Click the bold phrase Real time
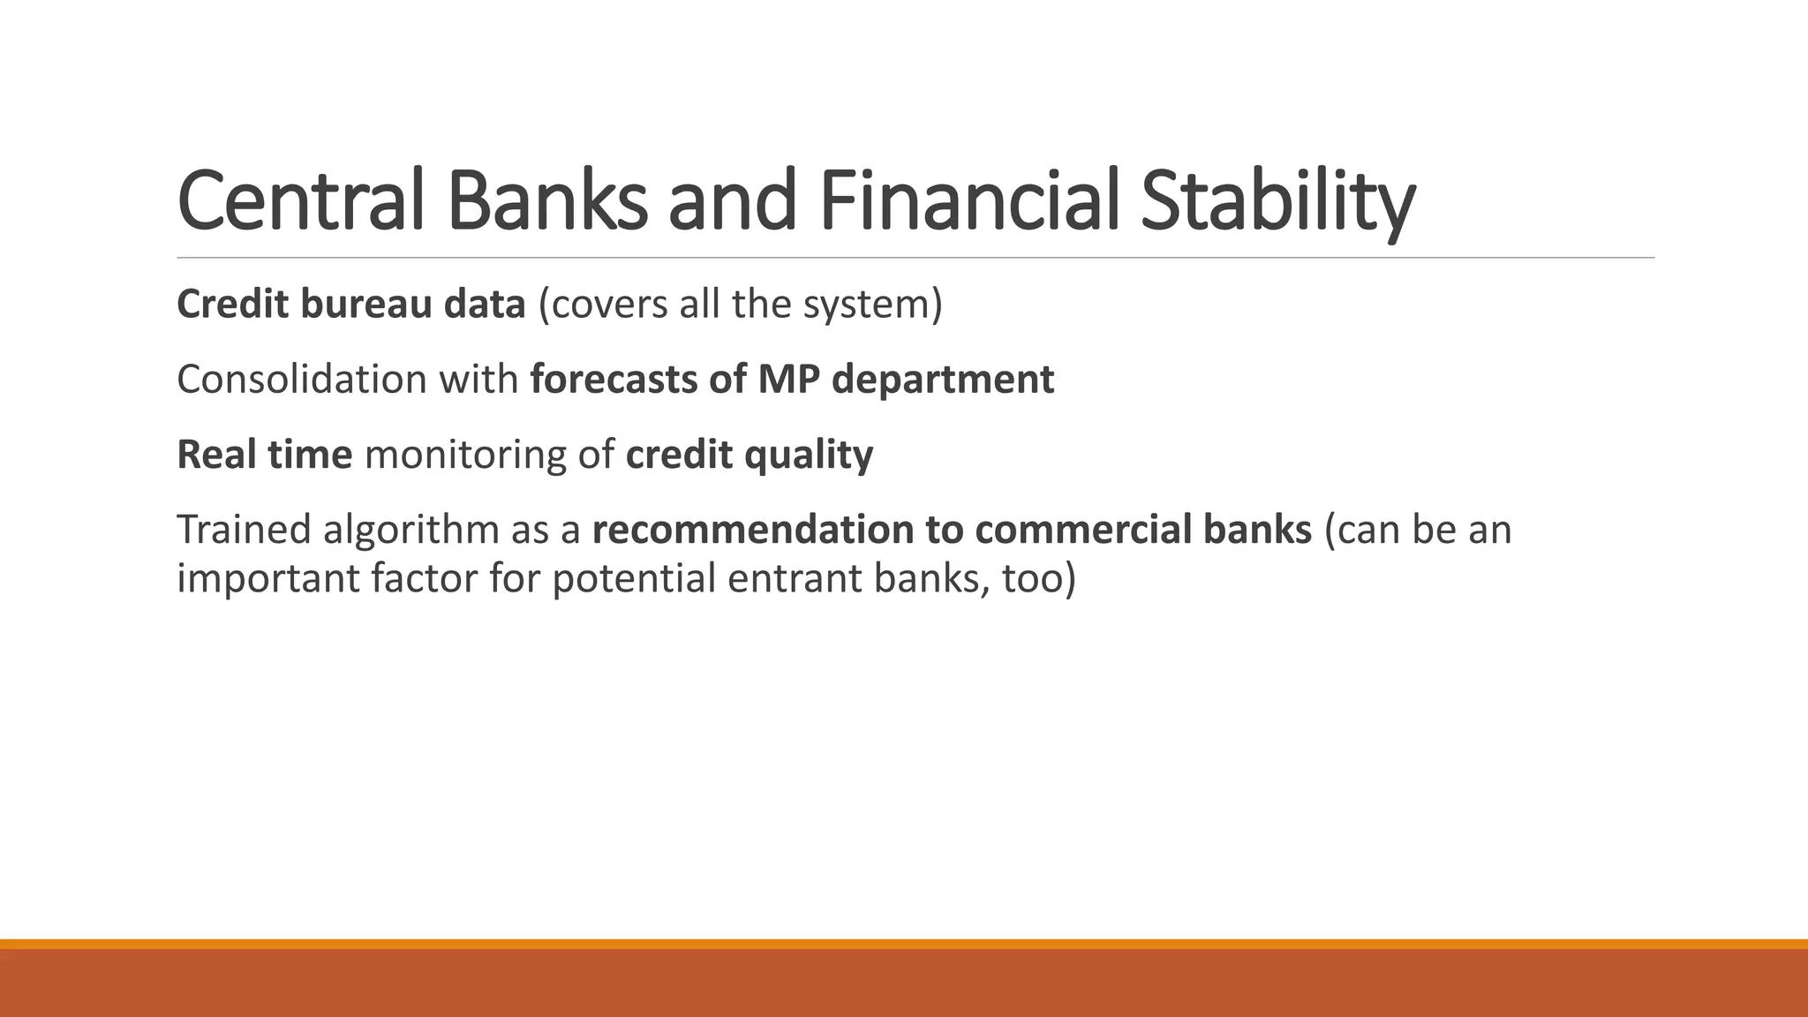[x=265, y=455]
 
